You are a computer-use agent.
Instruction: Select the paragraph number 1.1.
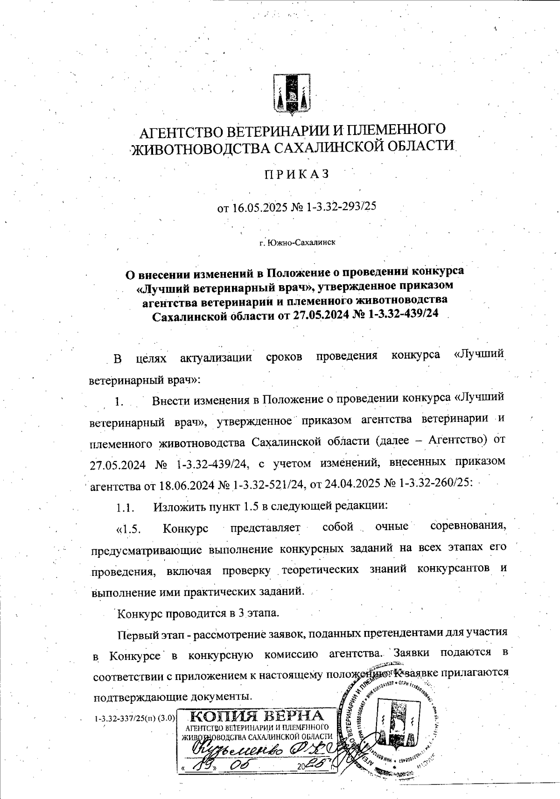coord(126,506)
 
